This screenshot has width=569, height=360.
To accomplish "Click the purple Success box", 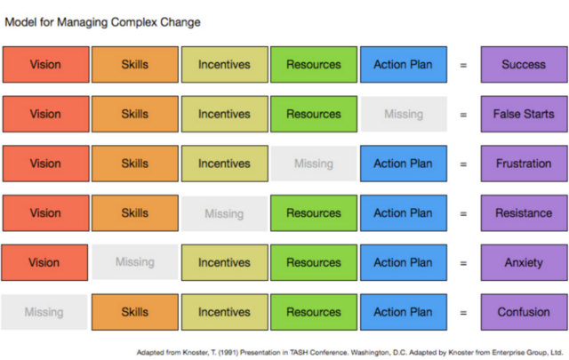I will pyautogui.click(x=524, y=65).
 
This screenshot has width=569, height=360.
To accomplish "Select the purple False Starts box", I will pyautogui.click(x=524, y=114).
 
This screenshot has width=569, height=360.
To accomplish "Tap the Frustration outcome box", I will pyautogui.click(x=524, y=164).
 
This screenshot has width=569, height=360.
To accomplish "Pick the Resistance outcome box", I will pyautogui.click(x=524, y=213).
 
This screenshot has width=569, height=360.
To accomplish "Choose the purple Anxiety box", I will pyautogui.click(x=524, y=263).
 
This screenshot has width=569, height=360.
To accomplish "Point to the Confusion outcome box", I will pyautogui.click(x=524, y=312).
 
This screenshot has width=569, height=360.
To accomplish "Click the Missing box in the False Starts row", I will pyautogui.click(x=403, y=114).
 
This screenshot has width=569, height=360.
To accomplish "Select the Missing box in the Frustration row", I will pyautogui.click(x=313, y=164).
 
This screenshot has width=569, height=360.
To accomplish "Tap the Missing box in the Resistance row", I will pyautogui.click(x=224, y=213).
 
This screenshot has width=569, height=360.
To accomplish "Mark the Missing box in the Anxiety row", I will pyautogui.click(x=134, y=263).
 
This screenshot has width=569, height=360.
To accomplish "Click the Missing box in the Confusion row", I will pyautogui.click(x=44, y=312).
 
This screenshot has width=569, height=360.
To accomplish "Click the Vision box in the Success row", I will pyautogui.click(x=45, y=65).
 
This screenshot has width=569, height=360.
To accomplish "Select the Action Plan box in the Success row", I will pyautogui.click(x=403, y=65).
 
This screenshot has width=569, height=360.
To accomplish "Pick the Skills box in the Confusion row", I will pyautogui.click(x=134, y=312).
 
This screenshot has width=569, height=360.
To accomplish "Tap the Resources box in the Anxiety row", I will pyautogui.click(x=313, y=263).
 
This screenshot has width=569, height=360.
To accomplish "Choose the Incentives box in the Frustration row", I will pyautogui.click(x=224, y=164).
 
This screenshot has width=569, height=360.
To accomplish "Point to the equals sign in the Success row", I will pyautogui.click(x=462, y=65).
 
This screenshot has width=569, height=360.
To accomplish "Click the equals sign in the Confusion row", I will pyautogui.click(x=462, y=313).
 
